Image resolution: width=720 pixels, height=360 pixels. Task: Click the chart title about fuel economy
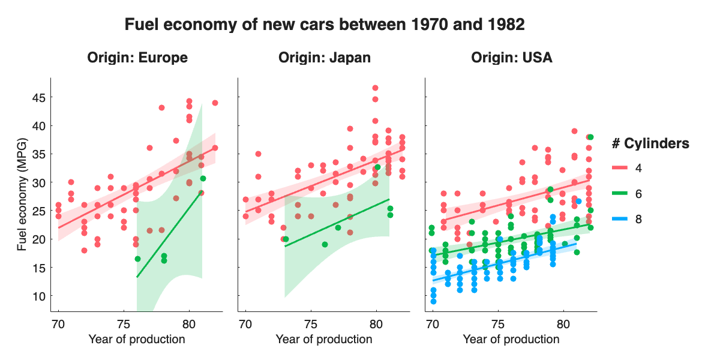tap(324, 25)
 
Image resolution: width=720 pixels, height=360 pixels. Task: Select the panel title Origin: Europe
tap(137, 58)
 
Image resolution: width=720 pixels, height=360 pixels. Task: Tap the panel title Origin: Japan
tap(324, 58)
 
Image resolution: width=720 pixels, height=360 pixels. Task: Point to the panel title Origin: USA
tap(511, 58)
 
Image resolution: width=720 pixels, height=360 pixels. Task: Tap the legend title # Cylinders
tap(650, 143)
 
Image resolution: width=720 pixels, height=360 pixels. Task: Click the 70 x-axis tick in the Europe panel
tap(58, 324)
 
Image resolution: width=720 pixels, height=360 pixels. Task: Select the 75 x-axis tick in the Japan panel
tap(311, 324)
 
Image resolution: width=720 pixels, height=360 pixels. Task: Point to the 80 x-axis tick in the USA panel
tap(563, 324)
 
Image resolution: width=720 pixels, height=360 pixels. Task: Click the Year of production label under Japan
tap(324, 340)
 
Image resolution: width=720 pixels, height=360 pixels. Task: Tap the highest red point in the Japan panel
tap(375, 88)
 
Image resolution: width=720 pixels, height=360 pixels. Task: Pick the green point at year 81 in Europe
tap(203, 178)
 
